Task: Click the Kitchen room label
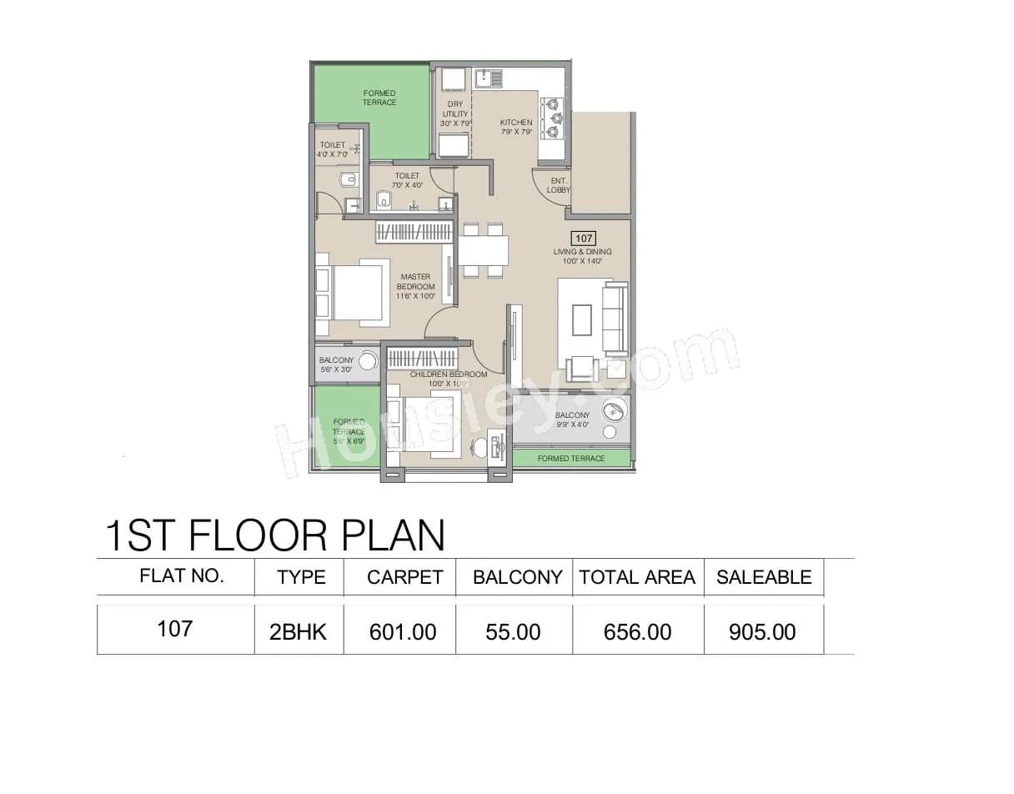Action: tap(516, 127)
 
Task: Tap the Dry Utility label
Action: tap(455, 114)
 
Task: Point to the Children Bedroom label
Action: tap(448, 379)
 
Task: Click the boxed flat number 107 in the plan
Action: tap(584, 239)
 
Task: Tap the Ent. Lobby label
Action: tap(559, 185)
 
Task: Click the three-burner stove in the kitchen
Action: tap(553, 118)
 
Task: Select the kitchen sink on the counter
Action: tap(489, 79)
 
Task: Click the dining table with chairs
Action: tap(483, 249)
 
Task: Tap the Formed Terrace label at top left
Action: tap(379, 98)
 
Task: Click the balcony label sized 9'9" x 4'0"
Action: tap(572, 420)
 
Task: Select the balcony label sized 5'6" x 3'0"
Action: tap(336, 364)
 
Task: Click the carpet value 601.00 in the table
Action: tap(403, 632)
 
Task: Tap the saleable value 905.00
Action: tap(762, 632)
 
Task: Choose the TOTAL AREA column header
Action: tap(637, 577)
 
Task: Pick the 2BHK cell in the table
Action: tap(299, 632)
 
